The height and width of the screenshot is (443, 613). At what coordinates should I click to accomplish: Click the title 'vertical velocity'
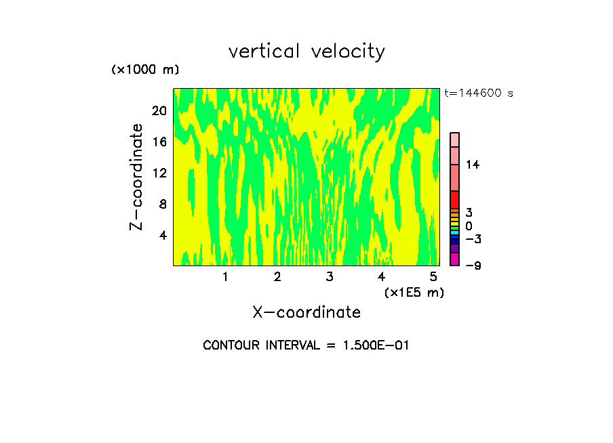coord(306,51)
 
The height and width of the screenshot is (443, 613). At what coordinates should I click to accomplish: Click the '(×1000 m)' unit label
coord(145,70)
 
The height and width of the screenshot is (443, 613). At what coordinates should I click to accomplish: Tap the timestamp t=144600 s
coord(479,93)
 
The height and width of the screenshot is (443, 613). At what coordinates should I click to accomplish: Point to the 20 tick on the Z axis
coord(159,110)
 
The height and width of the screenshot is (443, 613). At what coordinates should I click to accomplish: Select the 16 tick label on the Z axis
coord(159,142)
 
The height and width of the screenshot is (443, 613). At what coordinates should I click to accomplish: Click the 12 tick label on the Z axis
coord(159,173)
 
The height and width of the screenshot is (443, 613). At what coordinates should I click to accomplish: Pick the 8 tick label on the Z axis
coord(162,204)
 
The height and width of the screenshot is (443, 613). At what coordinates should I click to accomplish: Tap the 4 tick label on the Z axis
coord(162,235)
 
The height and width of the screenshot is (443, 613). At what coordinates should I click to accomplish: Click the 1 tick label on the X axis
coord(225,276)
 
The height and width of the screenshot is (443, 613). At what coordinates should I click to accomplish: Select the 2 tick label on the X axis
coord(277,276)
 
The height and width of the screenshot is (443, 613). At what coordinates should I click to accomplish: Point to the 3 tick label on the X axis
coord(330,276)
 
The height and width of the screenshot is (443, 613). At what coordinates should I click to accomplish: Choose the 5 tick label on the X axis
coord(433,276)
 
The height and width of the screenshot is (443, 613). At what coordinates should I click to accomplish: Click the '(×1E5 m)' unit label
coord(414,292)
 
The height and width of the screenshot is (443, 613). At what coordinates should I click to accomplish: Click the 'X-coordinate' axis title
coord(306,312)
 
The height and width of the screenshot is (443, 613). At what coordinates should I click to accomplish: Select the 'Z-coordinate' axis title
coord(138,177)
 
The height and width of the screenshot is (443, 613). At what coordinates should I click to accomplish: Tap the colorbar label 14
coord(473,165)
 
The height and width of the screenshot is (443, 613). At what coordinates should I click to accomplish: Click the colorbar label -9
coord(473,265)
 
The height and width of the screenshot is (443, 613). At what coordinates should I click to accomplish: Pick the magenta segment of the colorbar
coord(454,259)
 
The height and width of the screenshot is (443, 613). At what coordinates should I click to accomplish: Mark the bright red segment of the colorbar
coord(454,200)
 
